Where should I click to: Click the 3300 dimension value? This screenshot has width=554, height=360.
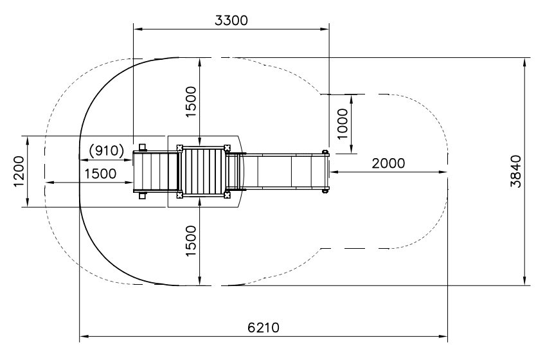[x=231, y=21]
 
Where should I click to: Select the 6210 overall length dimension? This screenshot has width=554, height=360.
[x=264, y=328]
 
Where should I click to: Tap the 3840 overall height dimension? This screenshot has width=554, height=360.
[x=516, y=172]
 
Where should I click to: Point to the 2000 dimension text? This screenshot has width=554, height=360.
[x=388, y=163]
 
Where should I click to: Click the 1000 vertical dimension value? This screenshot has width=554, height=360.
[x=343, y=124]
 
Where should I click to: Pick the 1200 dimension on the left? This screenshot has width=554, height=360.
[x=19, y=172]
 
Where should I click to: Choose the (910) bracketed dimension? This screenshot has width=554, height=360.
[x=106, y=150]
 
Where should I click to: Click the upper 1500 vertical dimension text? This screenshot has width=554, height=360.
[x=190, y=102]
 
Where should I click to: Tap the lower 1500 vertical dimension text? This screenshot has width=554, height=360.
[x=190, y=241]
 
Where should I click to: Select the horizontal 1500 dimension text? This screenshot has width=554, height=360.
[x=100, y=174]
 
